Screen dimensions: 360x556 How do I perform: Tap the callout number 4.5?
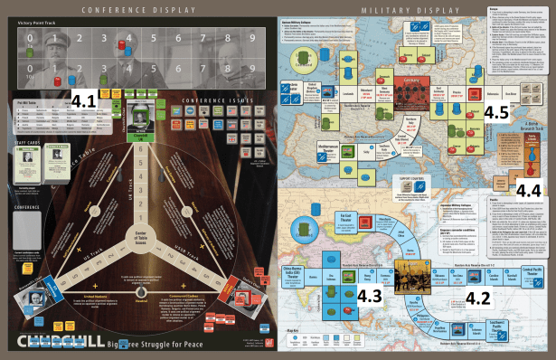[x=495, y=113]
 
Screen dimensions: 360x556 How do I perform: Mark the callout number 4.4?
[x=531, y=189]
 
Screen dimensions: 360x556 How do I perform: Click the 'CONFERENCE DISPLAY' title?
[x=137, y=9]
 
